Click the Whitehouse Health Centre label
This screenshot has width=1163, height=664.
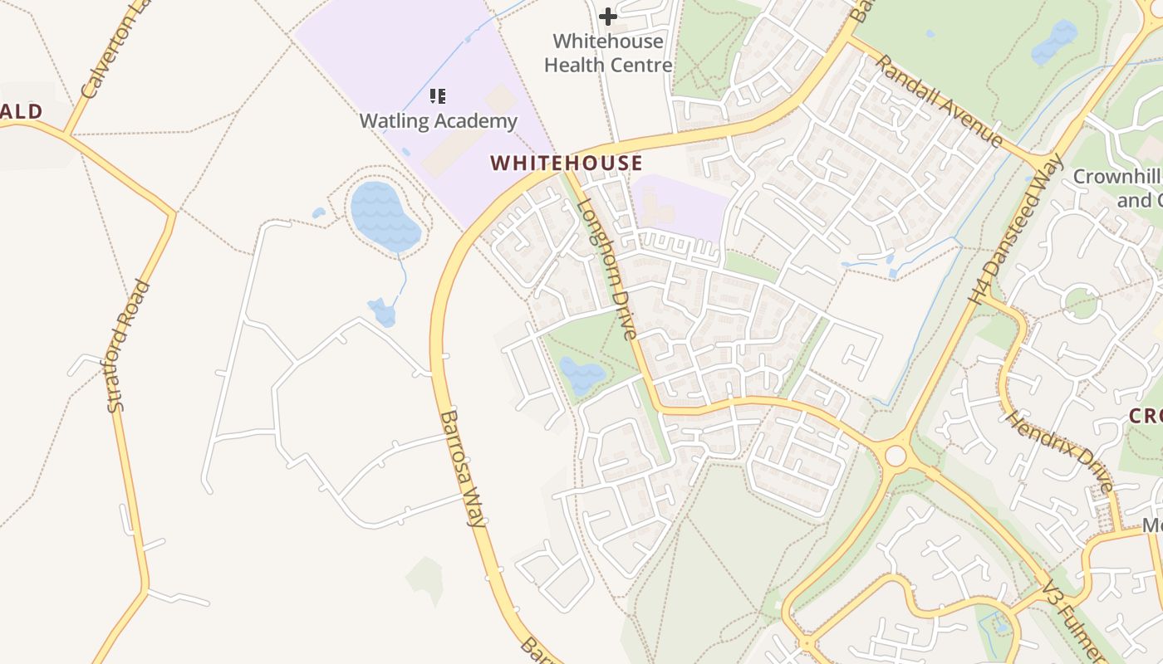[x=608, y=52]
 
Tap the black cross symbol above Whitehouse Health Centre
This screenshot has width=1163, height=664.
[x=608, y=16]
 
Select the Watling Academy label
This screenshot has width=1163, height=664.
[x=438, y=121]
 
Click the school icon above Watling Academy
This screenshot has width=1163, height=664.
[x=438, y=96]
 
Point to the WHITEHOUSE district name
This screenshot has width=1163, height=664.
[x=567, y=163]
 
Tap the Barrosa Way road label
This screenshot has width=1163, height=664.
[x=463, y=469]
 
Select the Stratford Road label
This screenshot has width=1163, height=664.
[x=129, y=345]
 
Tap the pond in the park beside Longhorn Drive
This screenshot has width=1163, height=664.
[x=581, y=375]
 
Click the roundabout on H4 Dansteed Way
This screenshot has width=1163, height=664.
[x=896, y=456]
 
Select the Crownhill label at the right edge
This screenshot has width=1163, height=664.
[x=1117, y=188]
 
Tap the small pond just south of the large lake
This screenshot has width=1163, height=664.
[x=382, y=312]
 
